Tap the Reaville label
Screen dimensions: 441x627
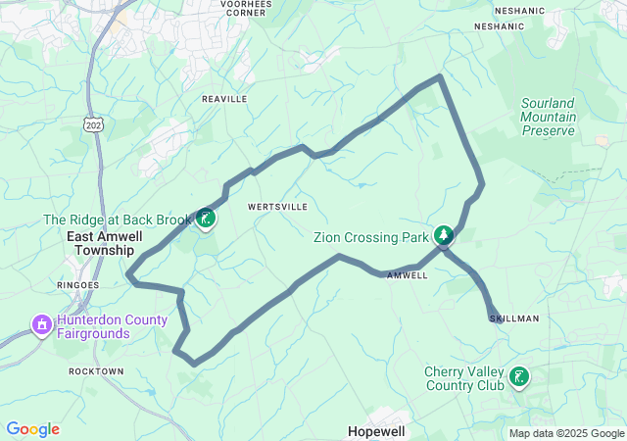click(x=224, y=100)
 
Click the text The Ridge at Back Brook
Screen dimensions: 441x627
click(x=117, y=220)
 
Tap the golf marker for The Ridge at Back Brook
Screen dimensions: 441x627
click(x=206, y=218)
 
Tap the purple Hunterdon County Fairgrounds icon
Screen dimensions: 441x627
click(x=41, y=323)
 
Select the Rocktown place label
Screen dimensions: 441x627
click(x=96, y=371)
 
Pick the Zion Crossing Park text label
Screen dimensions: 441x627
click(x=371, y=237)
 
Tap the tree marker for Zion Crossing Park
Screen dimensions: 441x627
click(x=445, y=235)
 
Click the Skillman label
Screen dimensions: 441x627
click(x=514, y=318)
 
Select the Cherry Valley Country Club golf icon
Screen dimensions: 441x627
click(x=518, y=376)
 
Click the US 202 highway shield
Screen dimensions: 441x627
click(x=94, y=126)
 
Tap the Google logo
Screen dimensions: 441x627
click(x=32, y=429)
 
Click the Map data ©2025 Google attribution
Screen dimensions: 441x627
click(x=566, y=434)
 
